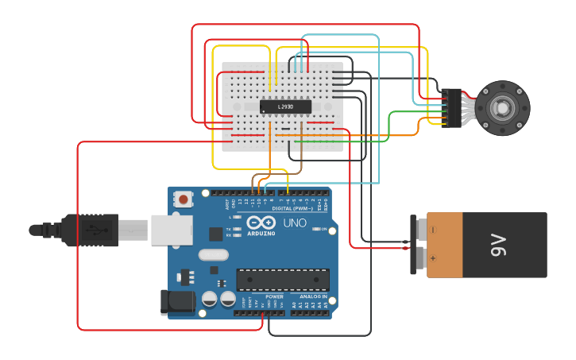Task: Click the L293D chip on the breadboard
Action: [285, 106]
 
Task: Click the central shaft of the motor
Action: [502, 107]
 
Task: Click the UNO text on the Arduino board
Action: [295, 223]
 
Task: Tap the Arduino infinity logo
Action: [261, 223]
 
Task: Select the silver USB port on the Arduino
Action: [172, 230]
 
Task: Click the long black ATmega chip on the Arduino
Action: [283, 280]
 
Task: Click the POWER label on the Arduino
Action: [263, 296]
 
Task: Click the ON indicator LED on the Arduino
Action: [317, 230]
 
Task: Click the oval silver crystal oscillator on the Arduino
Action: [213, 255]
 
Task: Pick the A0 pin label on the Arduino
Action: [294, 304]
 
